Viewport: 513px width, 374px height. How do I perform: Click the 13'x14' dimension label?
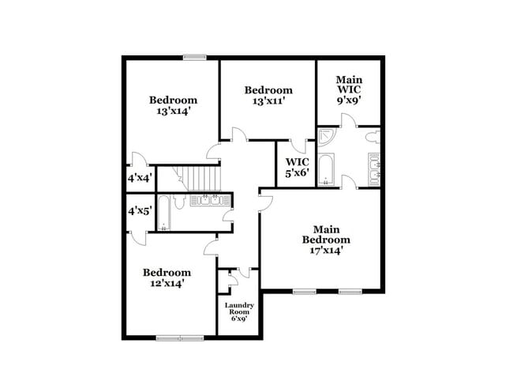173,111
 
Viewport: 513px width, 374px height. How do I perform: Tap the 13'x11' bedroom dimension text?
268,101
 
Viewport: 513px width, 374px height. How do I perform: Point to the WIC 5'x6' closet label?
297,167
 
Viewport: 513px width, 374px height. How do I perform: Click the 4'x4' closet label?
140,179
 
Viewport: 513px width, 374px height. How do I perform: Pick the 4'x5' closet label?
140,211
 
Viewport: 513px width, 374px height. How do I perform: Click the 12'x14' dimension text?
167,283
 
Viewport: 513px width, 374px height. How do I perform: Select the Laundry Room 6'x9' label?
239,312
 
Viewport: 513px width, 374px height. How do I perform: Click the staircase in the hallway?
202,178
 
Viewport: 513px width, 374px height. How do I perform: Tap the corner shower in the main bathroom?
326,138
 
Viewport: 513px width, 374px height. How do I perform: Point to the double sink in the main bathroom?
373,168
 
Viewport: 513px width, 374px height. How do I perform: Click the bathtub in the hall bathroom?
163,213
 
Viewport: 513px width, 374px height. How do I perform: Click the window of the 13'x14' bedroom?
194,57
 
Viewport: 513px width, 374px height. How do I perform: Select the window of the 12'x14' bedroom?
179,338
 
